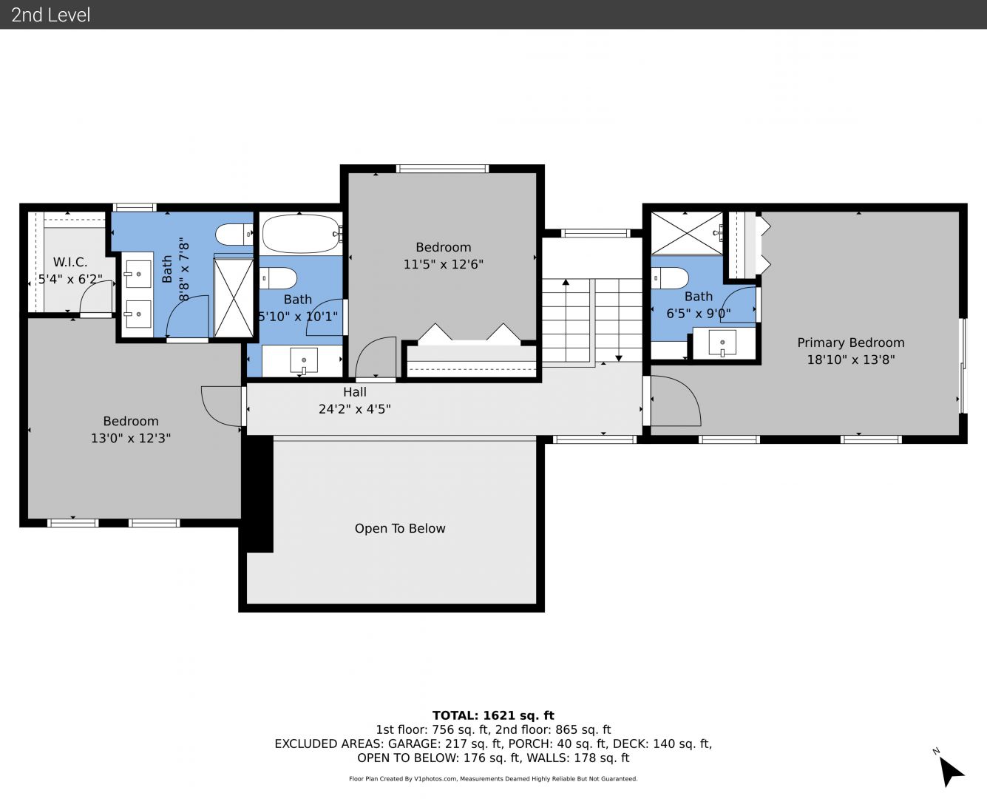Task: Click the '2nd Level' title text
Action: [50, 15]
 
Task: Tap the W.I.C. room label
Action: [70, 262]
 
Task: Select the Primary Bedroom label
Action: [851, 343]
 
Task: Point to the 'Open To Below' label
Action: [400, 528]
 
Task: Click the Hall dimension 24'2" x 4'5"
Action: [354, 409]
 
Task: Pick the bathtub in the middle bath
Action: [301, 234]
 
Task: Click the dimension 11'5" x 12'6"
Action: [444, 264]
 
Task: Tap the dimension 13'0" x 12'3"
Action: [131, 438]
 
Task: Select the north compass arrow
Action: [951, 772]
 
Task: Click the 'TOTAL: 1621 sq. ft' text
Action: [493, 715]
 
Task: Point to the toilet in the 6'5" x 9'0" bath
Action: [670, 278]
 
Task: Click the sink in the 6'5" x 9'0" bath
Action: [722, 343]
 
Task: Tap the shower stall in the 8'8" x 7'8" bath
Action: [234, 297]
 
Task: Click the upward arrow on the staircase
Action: [566, 320]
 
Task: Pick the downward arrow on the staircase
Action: [619, 320]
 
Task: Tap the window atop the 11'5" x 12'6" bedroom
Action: [443, 169]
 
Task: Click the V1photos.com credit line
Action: [493, 778]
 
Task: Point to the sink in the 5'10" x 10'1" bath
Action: [304, 360]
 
